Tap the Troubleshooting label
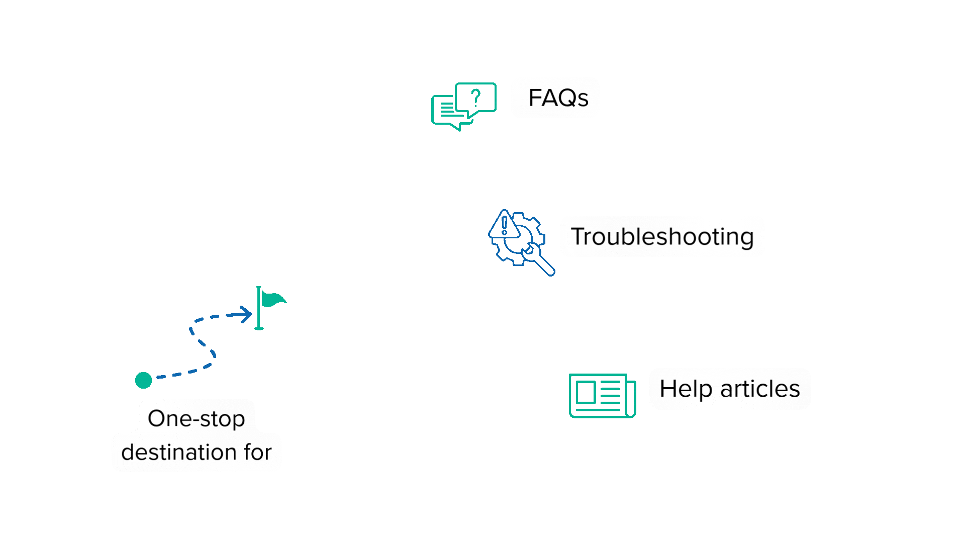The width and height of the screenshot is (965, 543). point(662,236)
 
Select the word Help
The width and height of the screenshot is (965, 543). point(686,389)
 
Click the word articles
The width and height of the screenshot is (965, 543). point(759,389)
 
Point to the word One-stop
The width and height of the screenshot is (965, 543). point(196,418)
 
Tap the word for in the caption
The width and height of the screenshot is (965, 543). point(258,452)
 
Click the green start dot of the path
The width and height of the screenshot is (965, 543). point(144,380)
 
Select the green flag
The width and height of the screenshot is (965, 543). point(272,300)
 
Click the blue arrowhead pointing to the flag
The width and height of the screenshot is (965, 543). point(246,315)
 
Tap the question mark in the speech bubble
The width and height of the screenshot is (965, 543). point(476,97)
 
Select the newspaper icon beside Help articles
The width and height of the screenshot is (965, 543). point(602,396)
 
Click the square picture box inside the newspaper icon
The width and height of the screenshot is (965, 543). point(586,392)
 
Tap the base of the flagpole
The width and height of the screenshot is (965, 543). point(259,328)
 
